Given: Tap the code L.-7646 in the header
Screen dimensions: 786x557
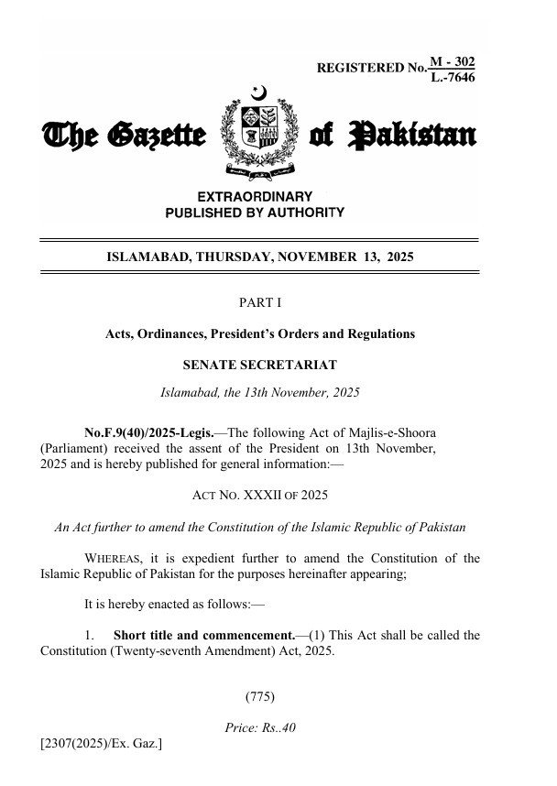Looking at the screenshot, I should click(453, 77).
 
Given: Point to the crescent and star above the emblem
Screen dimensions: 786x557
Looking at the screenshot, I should click(258, 93).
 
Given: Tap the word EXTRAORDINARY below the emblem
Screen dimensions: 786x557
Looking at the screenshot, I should click(255, 196).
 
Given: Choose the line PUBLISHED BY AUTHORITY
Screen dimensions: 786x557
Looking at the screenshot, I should click(255, 213).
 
